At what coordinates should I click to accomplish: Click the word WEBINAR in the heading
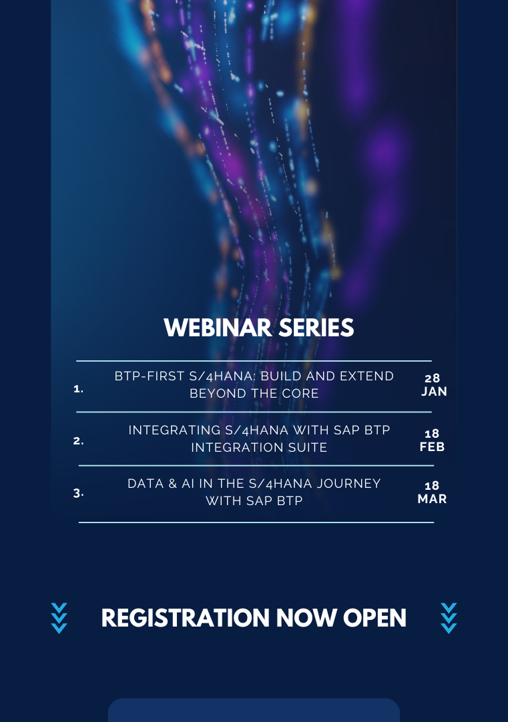pyautogui.click(x=218, y=328)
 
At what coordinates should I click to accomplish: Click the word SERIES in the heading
pyautogui.click(x=316, y=328)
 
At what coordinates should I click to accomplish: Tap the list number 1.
pyautogui.click(x=78, y=389)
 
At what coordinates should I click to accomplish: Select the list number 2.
pyautogui.click(x=78, y=441)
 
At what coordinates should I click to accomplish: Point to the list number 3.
pyautogui.click(x=78, y=493)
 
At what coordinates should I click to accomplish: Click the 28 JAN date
pyautogui.click(x=433, y=385)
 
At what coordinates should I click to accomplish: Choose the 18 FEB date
pyautogui.click(x=432, y=440)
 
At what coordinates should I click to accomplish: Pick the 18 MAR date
pyautogui.click(x=432, y=492)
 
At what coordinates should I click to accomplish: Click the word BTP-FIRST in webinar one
pyautogui.click(x=150, y=376)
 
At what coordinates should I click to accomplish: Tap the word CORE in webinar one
pyautogui.click(x=302, y=394)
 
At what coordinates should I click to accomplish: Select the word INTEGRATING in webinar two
pyautogui.click(x=174, y=430)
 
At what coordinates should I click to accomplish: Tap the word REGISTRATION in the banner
pyautogui.click(x=185, y=618)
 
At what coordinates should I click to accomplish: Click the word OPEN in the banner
pyautogui.click(x=374, y=618)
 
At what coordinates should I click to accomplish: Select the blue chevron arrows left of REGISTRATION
pyautogui.click(x=59, y=618)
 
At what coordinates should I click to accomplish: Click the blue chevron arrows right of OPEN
pyautogui.click(x=449, y=618)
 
